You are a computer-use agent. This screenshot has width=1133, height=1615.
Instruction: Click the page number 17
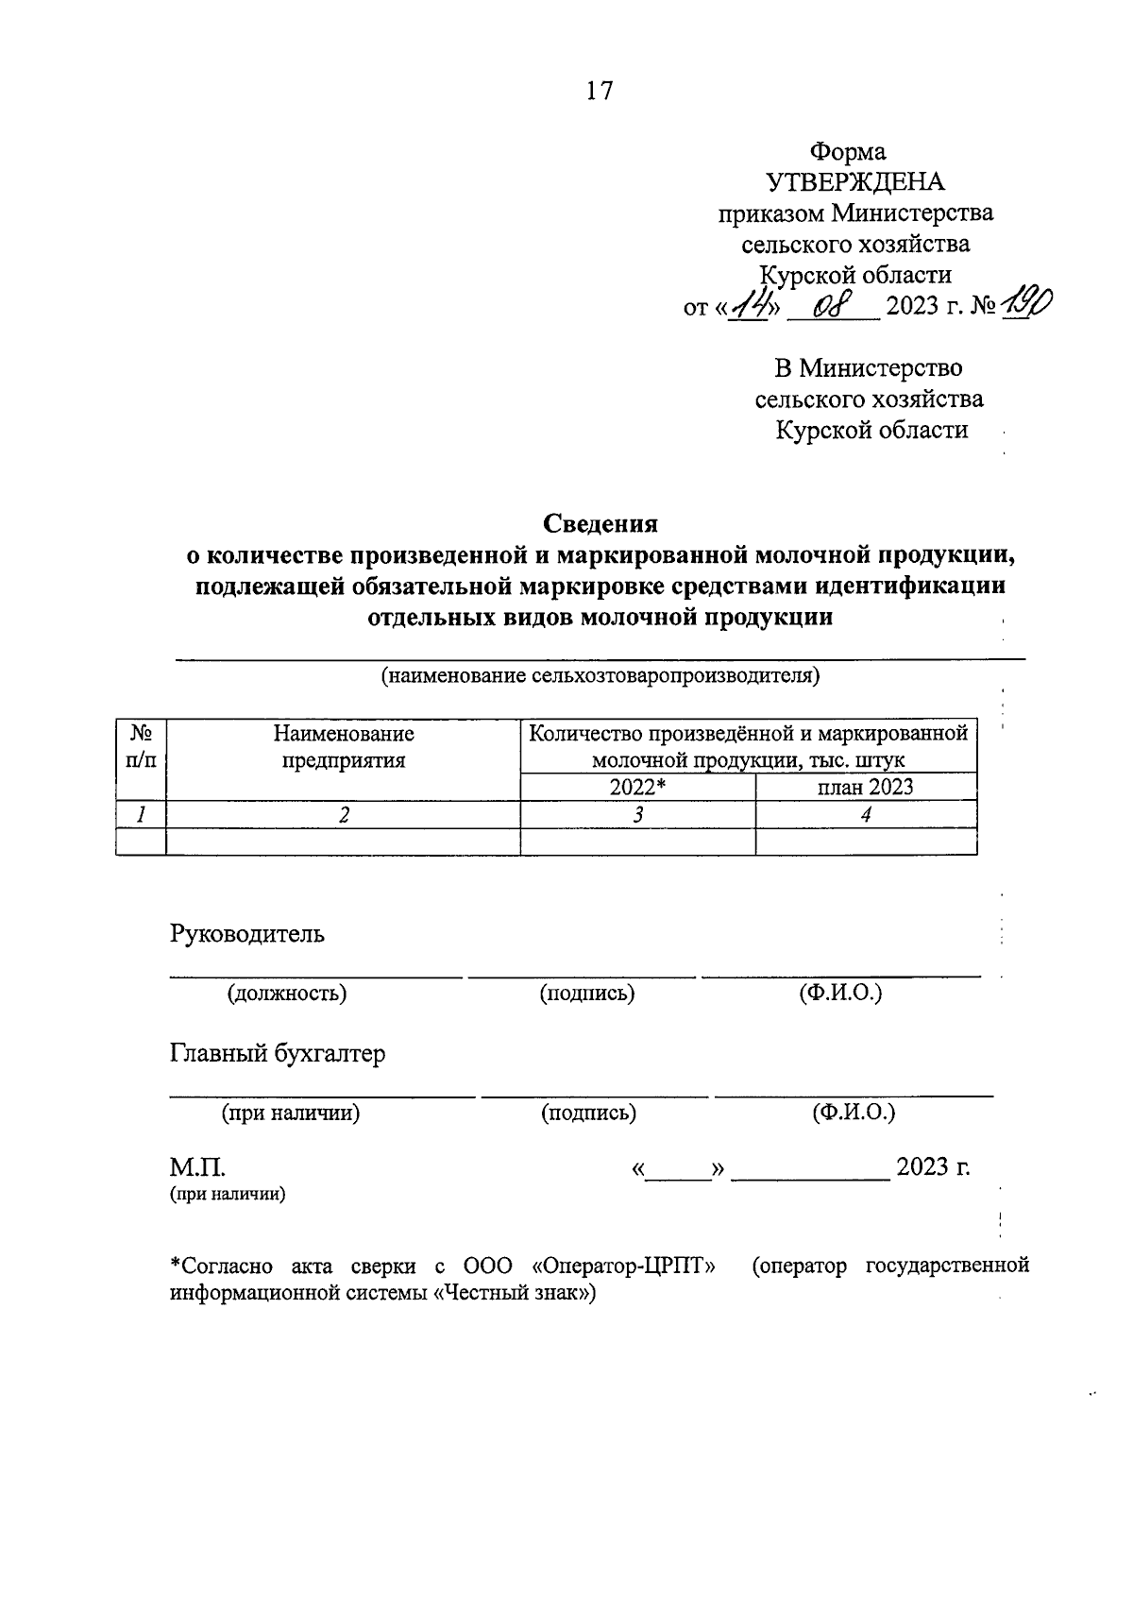coord(600,91)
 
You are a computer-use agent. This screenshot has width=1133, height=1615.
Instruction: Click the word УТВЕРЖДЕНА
coord(855,182)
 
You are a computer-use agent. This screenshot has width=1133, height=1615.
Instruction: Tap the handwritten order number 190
coord(1029,304)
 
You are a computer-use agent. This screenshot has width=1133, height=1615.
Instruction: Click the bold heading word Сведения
coord(600,523)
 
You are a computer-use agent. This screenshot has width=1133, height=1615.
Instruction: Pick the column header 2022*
coord(638,788)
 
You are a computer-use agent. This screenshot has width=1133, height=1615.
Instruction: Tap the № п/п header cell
coord(141,746)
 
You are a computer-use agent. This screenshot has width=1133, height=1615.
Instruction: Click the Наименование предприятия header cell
coord(344,746)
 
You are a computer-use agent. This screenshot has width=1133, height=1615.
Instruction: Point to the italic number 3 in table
coord(638,815)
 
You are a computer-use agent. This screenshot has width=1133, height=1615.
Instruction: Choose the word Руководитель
coord(247,934)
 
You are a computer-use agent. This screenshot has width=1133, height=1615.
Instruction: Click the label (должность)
coord(287,993)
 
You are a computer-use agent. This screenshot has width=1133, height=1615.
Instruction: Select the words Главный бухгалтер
coord(278,1053)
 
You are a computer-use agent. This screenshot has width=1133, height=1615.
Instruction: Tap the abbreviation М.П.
coord(196,1167)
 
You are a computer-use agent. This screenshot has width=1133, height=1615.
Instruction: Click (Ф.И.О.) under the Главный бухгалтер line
coord(854,1113)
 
